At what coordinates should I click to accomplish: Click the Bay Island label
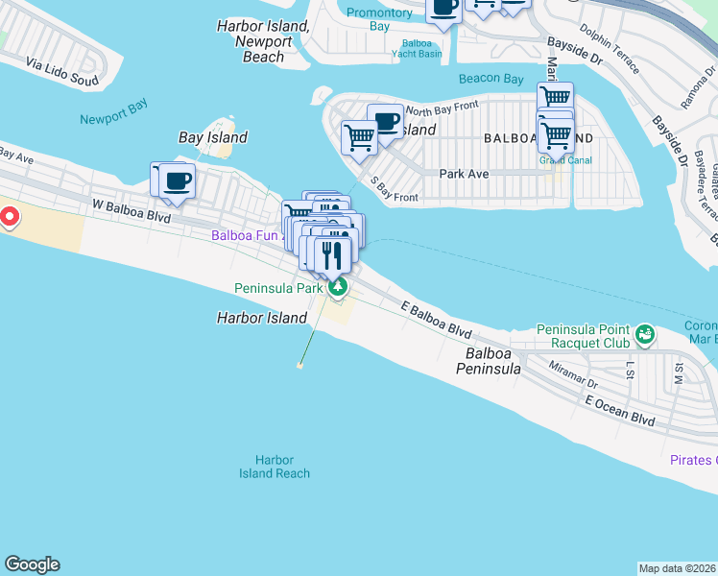213,137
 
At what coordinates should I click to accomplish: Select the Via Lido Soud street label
62,73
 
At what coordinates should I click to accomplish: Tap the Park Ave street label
464,174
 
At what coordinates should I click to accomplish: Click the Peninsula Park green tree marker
336,286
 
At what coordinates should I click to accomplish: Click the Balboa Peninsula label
488,361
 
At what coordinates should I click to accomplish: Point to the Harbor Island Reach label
275,467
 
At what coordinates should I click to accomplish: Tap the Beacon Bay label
491,79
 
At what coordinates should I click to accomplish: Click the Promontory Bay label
380,19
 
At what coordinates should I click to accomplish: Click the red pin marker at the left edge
9,217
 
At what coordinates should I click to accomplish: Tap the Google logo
32,564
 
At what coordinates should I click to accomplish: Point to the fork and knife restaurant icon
333,255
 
